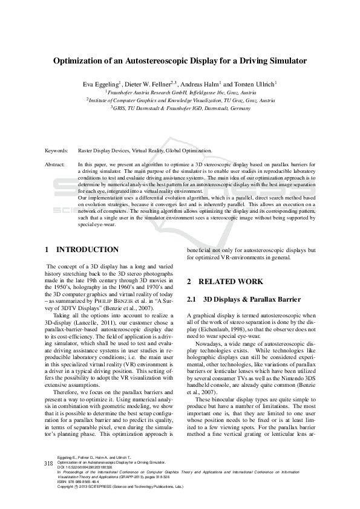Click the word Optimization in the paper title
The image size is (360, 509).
click(x=80, y=61)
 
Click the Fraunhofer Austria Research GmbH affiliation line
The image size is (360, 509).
click(x=180, y=92)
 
